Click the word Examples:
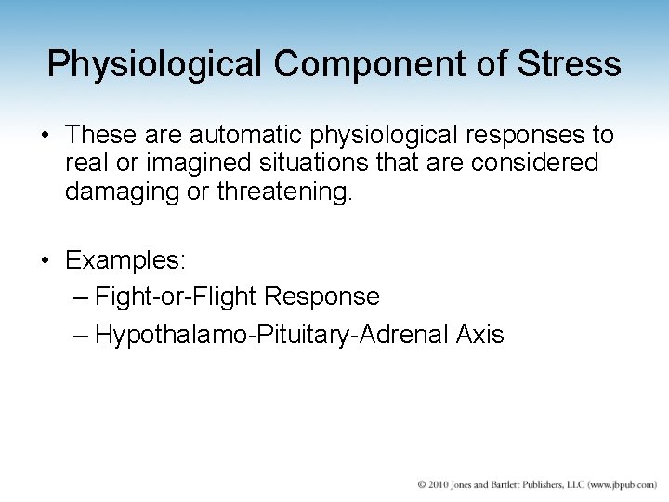point(125,259)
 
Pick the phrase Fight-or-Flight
point(177,297)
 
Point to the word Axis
point(480,335)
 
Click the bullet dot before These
point(46,136)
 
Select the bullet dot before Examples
point(46,260)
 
